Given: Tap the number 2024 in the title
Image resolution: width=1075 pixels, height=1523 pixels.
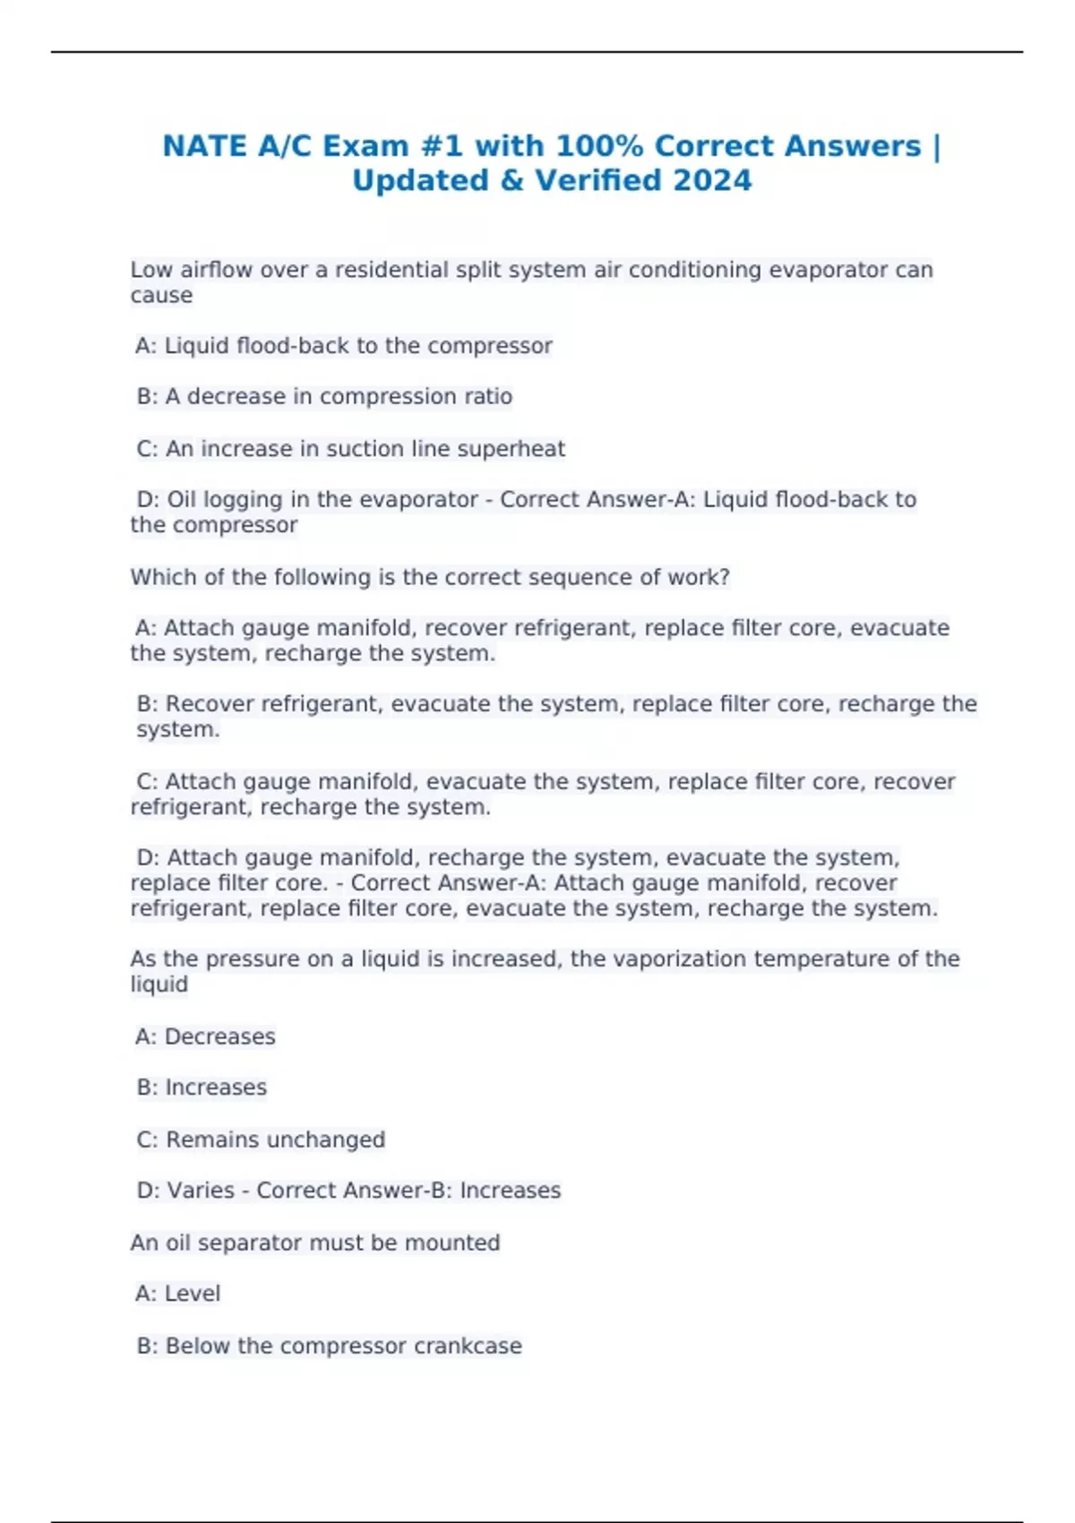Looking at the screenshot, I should pyautogui.click(x=712, y=181).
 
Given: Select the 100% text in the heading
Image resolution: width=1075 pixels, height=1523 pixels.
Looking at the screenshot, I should pyautogui.click(x=598, y=146).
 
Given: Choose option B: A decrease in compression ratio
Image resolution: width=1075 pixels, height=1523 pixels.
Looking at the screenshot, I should pyautogui.click(x=324, y=397).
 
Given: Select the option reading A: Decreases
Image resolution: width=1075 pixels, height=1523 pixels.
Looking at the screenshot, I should pyautogui.click(x=205, y=1037).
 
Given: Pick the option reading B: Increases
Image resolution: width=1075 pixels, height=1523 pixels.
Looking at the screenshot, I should pyautogui.click(x=202, y=1088).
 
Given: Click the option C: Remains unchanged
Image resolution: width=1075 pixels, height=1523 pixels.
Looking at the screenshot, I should pyautogui.click(x=261, y=1140).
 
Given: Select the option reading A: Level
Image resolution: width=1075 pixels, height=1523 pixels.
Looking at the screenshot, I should pyautogui.click(x=177, y=1294).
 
